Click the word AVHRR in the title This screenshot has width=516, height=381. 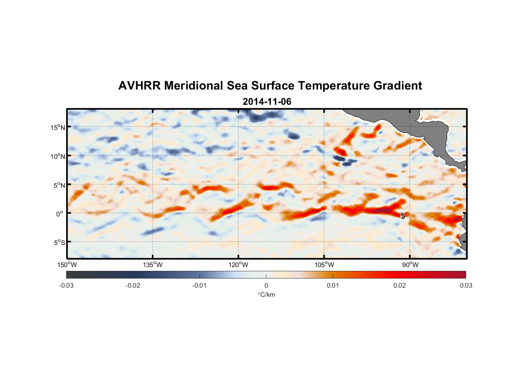point(139,86)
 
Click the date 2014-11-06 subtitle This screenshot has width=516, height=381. point(267,102)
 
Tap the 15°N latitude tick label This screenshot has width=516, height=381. point(57,127)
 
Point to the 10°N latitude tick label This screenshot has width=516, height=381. point(57,156)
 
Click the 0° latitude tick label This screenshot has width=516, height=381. point(60,214)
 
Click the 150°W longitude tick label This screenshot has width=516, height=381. point(67,265)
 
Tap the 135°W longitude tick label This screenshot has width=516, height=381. point(153,265)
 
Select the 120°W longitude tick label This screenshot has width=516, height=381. point(239,265)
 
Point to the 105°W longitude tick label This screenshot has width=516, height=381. point(325,265)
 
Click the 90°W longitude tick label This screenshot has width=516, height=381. point(410,265)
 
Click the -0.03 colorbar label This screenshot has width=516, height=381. point(66,286)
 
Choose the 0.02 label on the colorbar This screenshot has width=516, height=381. point(399,286)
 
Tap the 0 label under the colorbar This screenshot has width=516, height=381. point(266,286)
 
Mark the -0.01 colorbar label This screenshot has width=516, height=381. point(199,286)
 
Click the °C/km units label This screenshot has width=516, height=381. point(266,295)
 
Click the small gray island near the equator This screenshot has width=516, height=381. point(403,216)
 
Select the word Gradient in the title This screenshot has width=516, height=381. point(398,86)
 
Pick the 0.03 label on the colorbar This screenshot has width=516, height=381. point(466,286)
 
